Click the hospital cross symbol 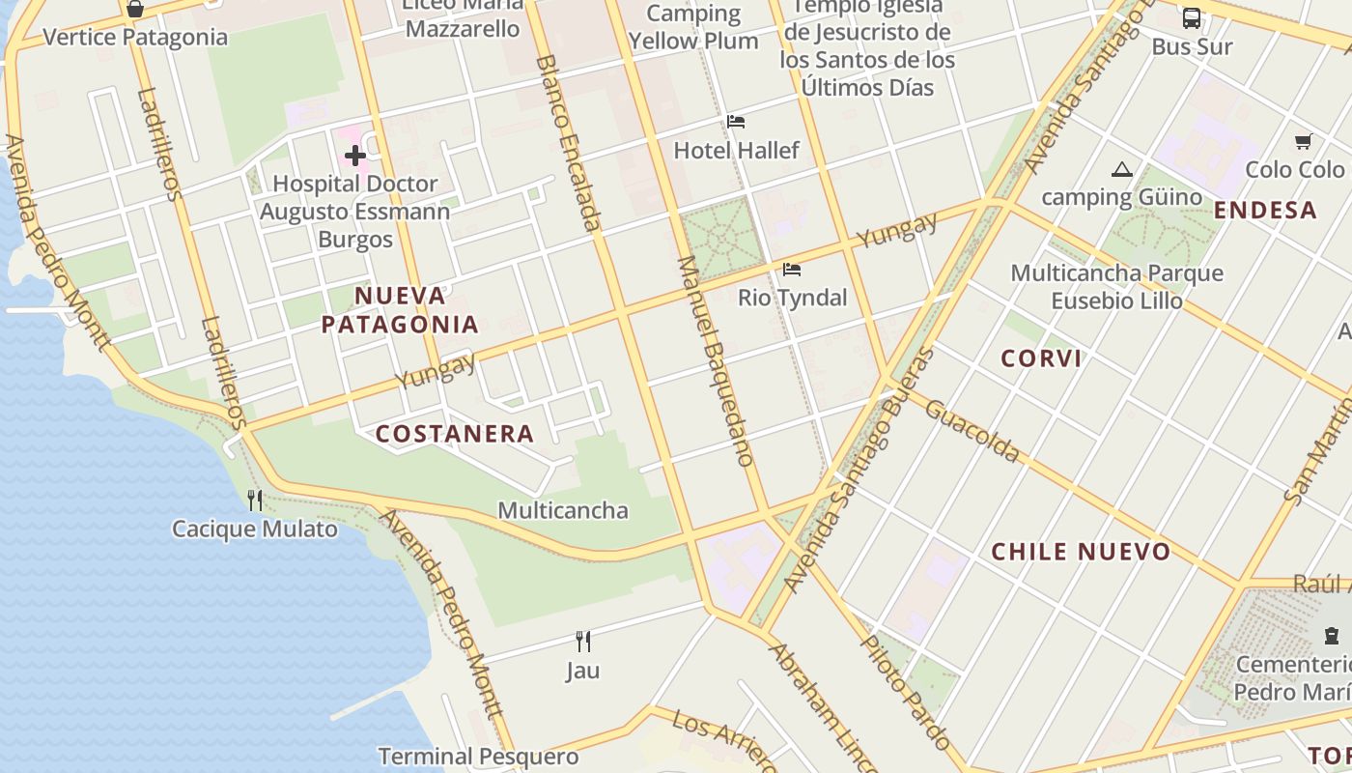point(355,155)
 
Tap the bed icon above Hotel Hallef point(736,122)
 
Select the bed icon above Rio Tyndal point(792,269)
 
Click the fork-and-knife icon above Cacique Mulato point(255,500)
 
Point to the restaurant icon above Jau point(583,641)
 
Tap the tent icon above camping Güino point(1121,170)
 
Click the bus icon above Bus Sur point(1192,17)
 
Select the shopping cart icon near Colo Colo point(1303,142)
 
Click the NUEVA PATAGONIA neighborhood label point(400,309)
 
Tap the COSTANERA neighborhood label point(454,435)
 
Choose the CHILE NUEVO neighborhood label point(1081,552)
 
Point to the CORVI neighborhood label point(1041,358)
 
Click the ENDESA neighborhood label point(1265,210)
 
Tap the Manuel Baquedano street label point(715,360)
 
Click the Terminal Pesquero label point(478,756)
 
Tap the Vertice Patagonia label point(135,38)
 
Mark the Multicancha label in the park point(563,510)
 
